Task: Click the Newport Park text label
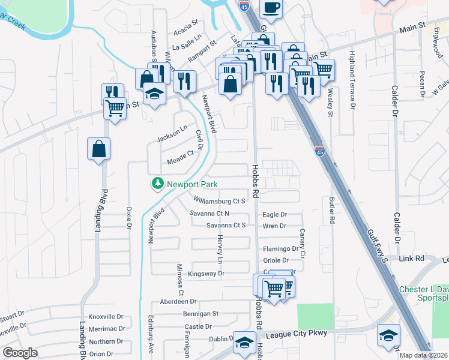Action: [192, 184]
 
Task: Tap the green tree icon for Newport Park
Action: [158, 184]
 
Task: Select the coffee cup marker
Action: [271, 7]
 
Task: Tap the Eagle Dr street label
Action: [275, 214]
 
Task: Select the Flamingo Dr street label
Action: [279, 249]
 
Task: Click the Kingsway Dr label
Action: [206, 274]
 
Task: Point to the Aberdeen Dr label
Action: [178, 301]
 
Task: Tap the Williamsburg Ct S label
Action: [219, 200]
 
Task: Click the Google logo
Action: [20, 352]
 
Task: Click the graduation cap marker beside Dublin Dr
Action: [244, 342]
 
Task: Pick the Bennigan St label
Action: [201, 313]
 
